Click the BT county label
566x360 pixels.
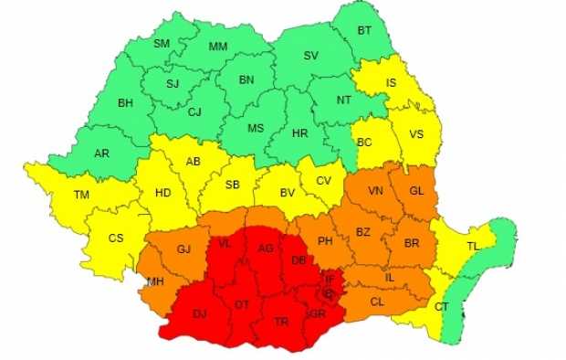364,30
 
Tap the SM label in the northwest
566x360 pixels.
162,44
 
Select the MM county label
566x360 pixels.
218,47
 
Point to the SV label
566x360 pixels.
310,56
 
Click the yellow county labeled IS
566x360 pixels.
391,83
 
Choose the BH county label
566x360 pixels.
125,102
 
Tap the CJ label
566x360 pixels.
194,112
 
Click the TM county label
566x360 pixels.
82,195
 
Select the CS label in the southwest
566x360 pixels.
116,238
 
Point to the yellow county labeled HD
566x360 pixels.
162,194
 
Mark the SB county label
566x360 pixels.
232,185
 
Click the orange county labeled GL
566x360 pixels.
416,191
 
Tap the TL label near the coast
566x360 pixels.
473,247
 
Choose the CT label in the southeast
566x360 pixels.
442,306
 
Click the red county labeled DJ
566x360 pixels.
199,313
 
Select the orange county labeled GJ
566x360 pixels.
184,249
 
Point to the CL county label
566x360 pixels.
377,301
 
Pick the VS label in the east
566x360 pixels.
416,134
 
